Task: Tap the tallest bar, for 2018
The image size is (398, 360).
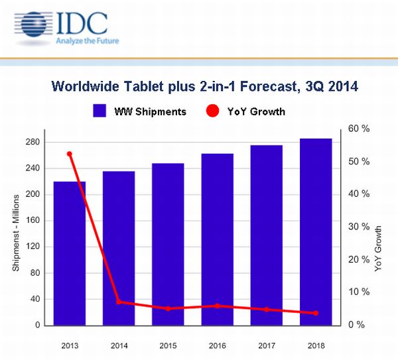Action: [x=316, y=232]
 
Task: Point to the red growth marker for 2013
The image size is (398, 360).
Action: [x=70, y=154]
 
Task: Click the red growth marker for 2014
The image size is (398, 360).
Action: [x=119, y=302]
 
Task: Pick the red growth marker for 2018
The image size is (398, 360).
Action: [x=316, y=313]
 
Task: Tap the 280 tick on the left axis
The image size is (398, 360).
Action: [x=33, y=143]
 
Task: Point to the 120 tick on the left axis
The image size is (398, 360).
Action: [x=33, y=247]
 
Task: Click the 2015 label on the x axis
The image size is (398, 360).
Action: [x=168, y=345]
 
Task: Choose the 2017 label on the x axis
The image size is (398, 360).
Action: [x=267, y=345]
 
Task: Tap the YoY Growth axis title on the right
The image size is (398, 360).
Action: [x=379, y=249]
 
